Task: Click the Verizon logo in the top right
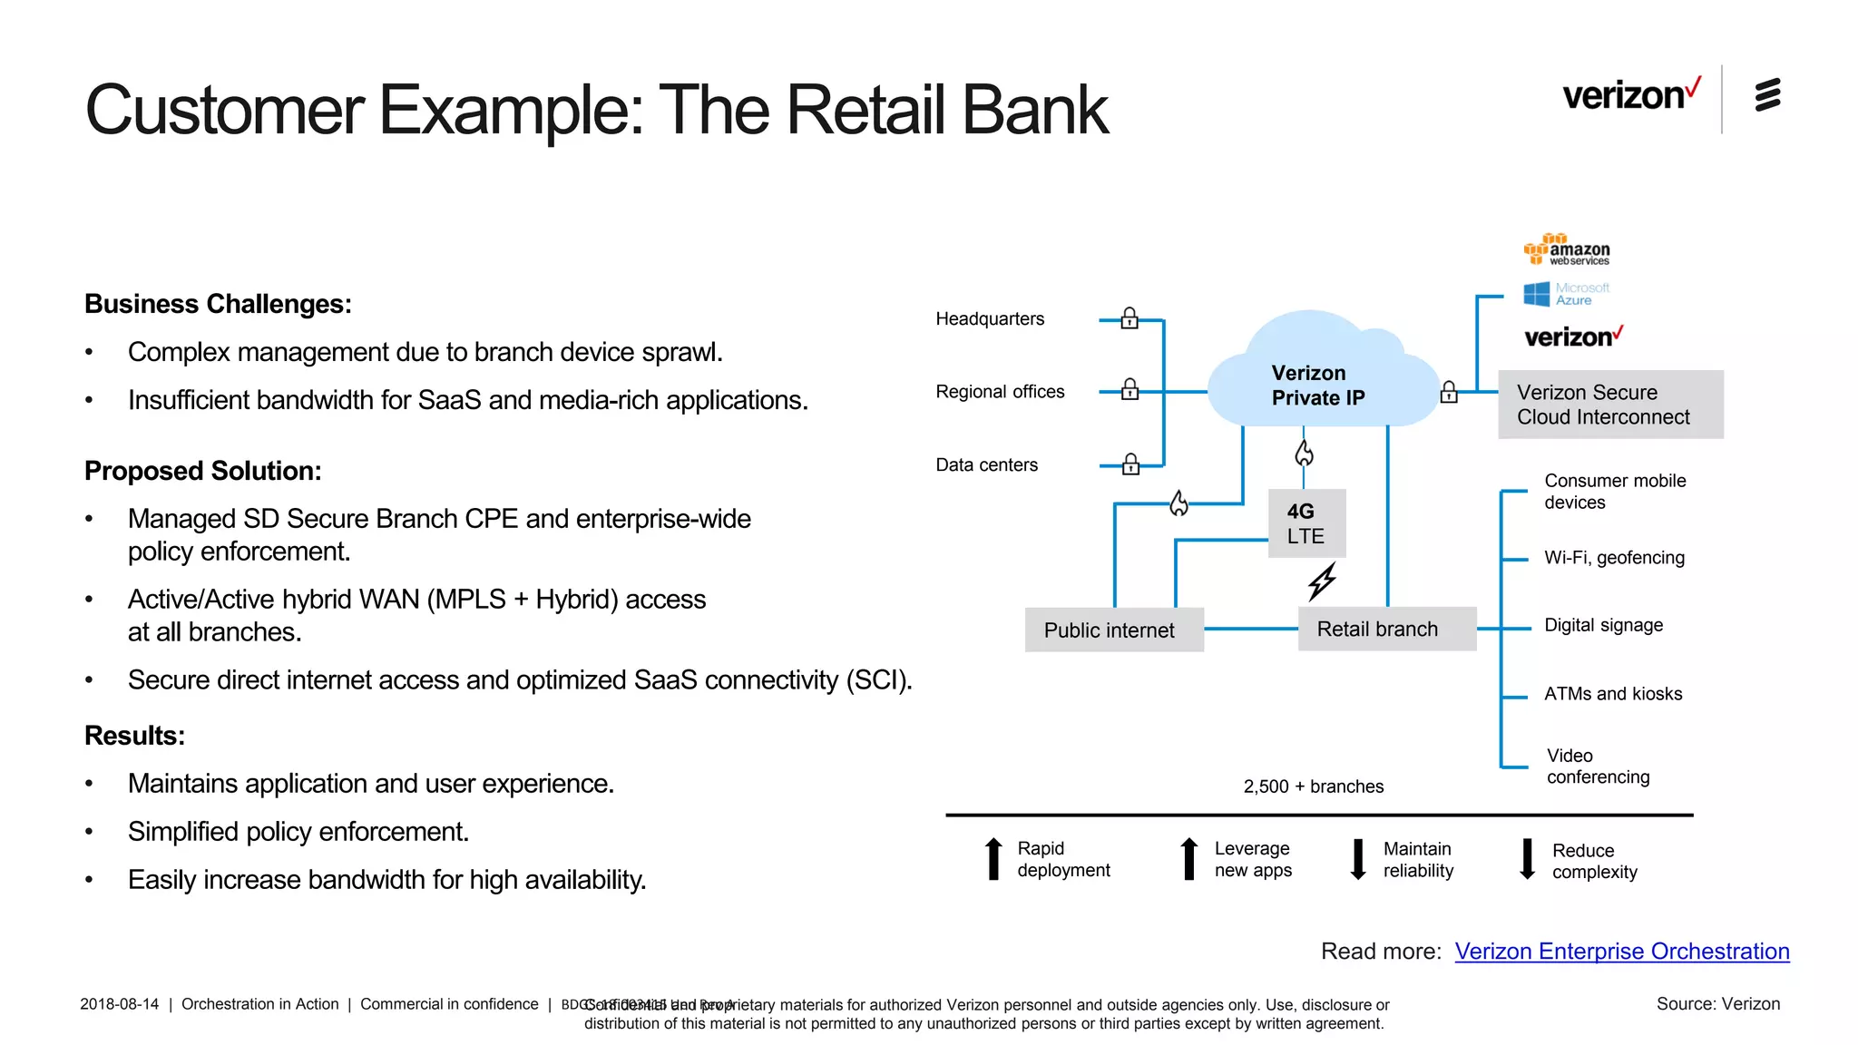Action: [x=1629, y=94]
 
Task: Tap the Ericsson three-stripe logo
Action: [x=1767, y=94]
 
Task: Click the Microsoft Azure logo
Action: [x=1566, y=294]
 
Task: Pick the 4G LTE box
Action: [x=1306, y=523]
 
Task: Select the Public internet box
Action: [x=1113, y=630]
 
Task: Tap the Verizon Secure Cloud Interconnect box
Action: [x=1609, y=405]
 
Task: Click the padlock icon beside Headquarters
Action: [x=1129, y=318]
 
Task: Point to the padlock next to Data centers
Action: [x=1130, y=464]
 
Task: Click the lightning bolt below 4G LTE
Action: [x=1322, y=581]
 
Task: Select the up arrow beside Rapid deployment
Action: [x=993, y=859]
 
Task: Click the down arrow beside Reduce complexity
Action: [x=1528, y=859]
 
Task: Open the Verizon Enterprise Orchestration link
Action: [x=1621, y=951]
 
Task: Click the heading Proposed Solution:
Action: [x=203, y=471]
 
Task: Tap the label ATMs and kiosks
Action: [x=1613, y=694]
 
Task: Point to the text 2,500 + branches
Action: [x=1313, y=786]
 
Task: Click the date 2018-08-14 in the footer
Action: [x=119, y=1004]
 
